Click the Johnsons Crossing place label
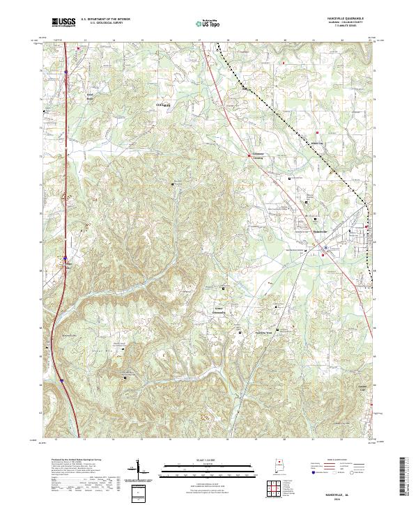(x=263, y=157)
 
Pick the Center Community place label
(x=222, y=310)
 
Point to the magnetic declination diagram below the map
(x=138, y=474)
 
